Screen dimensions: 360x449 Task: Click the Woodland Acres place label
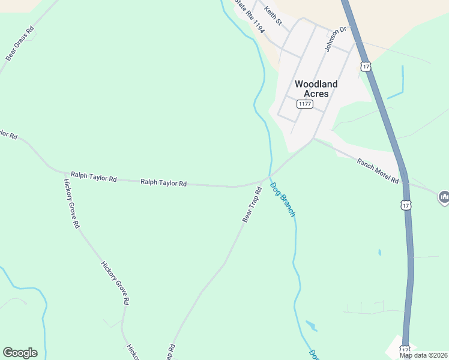(316, 89)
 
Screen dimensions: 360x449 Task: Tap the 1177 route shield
(305, 104)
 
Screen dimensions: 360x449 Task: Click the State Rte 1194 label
(249, 16)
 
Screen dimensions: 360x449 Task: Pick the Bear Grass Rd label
(20, 43)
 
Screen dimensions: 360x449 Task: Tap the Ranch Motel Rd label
(378, 171)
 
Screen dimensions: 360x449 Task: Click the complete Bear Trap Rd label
(252, 205)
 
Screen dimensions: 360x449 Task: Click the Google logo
(20, 353)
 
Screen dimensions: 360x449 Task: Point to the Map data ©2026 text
(424, 355)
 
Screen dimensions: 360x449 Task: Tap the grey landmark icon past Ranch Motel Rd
(444, 197)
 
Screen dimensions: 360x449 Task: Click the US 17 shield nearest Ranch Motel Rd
(406, 205)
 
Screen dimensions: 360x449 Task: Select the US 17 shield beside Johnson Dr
(366, 66)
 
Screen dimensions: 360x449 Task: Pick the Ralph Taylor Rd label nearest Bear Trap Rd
(163, 182)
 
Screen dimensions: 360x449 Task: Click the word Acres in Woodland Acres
(316, 94)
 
